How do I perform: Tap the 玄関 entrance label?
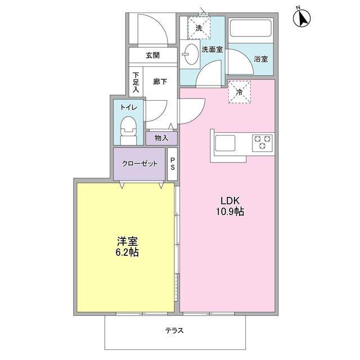(x=152, y=56)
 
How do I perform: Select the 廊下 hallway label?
(x=160, y=82)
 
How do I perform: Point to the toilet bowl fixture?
(x=128, y=129)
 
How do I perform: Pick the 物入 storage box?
(x=161, y=138)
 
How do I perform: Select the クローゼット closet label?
(x=139, y=164)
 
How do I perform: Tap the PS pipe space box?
(x=173, y=164)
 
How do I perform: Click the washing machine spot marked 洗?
(x=199, y=28)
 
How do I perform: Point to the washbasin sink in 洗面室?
(x=191, y=55)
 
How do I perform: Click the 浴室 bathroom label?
(x=260, y=58)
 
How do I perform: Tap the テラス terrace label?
(x=174, y=330)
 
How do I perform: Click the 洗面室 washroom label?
(x=212, y=49)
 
